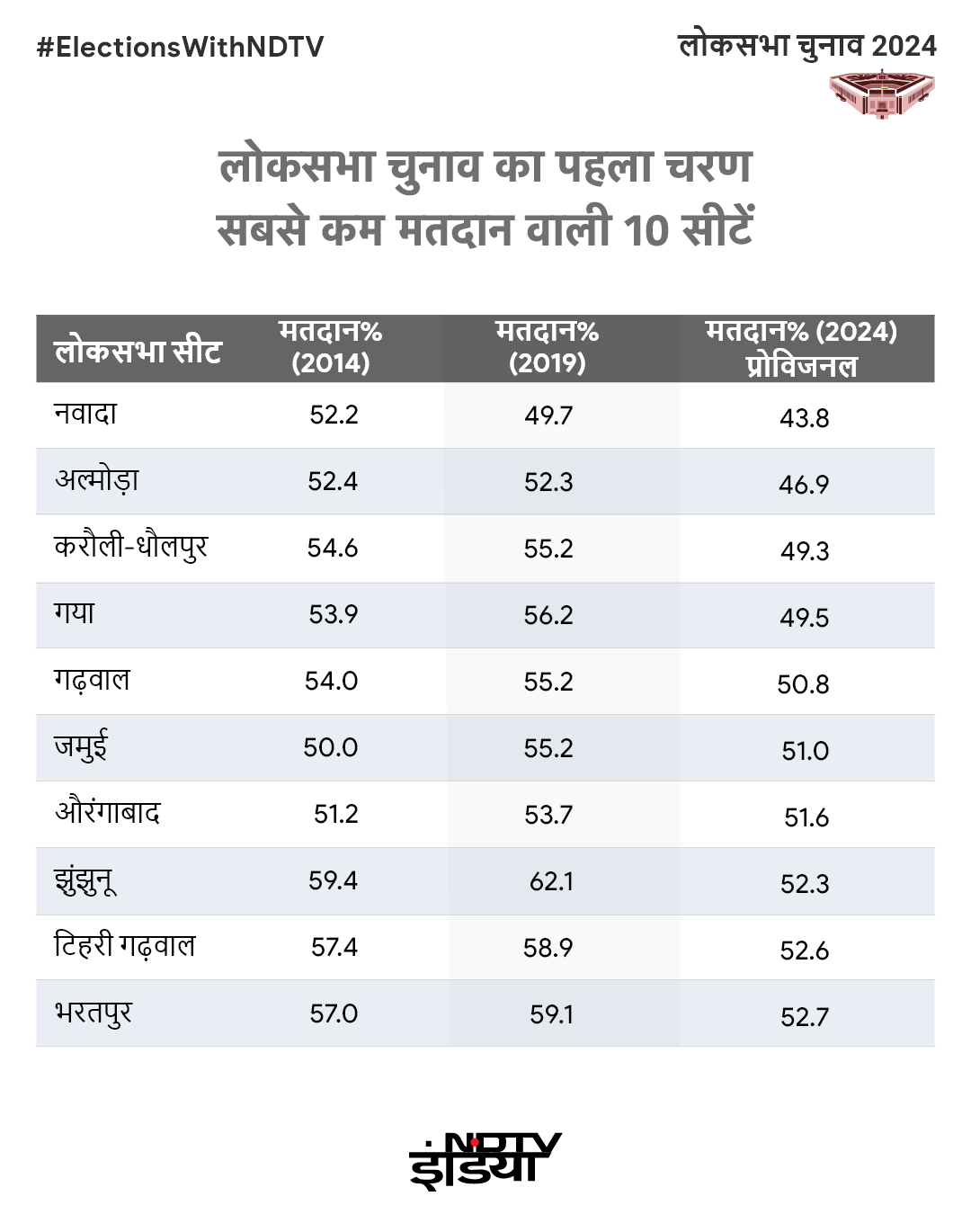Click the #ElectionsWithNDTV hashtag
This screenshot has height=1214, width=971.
coord(180,47)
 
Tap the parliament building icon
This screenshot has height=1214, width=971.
coord(881,94)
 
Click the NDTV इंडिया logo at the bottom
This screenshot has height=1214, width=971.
coord(485,1160)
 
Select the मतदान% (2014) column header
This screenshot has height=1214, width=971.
coord(331,347)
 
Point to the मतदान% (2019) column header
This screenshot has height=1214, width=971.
coord(547,347)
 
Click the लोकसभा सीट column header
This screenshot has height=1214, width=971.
coord(138,350)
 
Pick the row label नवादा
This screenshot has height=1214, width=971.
coord(85,415)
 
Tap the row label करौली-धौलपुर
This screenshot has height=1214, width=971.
coord(131,547)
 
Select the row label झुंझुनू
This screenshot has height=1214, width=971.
coord(85,881)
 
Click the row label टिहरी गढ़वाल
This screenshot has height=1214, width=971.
coord(125,946)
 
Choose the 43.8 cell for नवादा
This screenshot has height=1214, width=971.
coord(804,418)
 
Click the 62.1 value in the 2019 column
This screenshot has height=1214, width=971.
coord(551,881)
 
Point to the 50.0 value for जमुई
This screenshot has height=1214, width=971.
coord(330,747)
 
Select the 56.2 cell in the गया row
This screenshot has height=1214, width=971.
coord(548,615)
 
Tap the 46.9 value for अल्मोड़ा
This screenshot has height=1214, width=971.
coord(804,485)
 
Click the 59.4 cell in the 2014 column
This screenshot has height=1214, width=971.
coord(333,880)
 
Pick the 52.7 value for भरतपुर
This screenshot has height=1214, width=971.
coord(804,1017)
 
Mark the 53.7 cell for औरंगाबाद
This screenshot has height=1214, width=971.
coord(548,815)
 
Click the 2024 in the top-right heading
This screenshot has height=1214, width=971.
coord(904,46)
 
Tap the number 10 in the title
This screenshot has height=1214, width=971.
coord(646,230)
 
